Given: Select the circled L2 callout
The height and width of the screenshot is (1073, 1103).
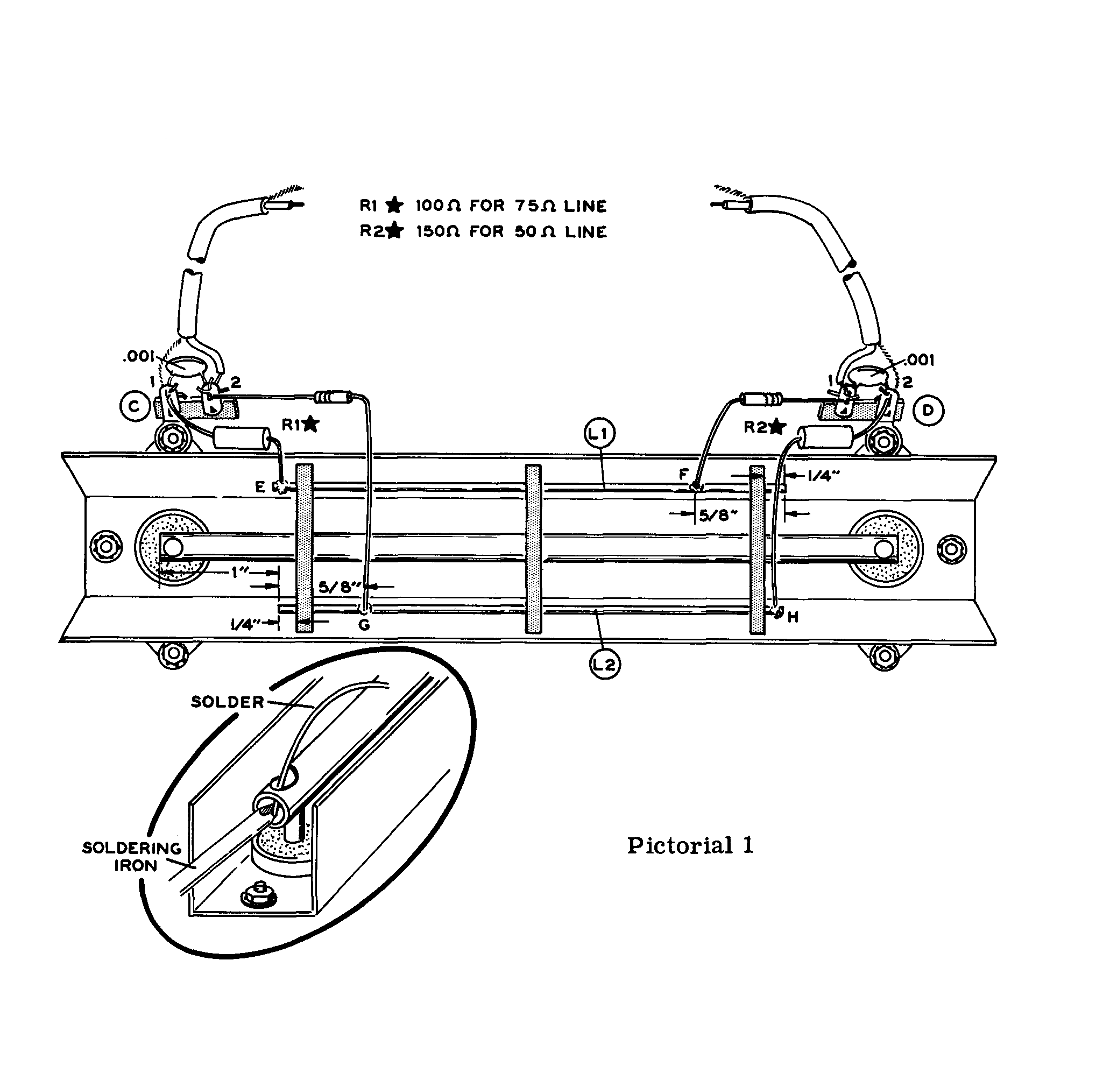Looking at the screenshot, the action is coord(605,665).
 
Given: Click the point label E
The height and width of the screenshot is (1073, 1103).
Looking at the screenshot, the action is coord(260,487).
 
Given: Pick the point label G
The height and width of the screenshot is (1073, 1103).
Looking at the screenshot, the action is coord(364,625).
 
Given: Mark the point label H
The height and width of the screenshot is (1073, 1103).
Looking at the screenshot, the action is coord(793,618).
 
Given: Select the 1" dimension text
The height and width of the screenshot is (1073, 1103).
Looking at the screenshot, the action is coord(239,573).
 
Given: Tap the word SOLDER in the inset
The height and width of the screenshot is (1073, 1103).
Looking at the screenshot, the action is coord(228,702).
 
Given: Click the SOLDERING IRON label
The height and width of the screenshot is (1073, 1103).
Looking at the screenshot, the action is coord(132,857).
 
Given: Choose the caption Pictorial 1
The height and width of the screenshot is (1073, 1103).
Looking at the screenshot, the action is coord(690,845).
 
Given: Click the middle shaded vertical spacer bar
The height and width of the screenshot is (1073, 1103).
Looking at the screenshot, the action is coord(533,549).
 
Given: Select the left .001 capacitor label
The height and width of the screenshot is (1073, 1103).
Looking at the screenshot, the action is coord(139,356).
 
